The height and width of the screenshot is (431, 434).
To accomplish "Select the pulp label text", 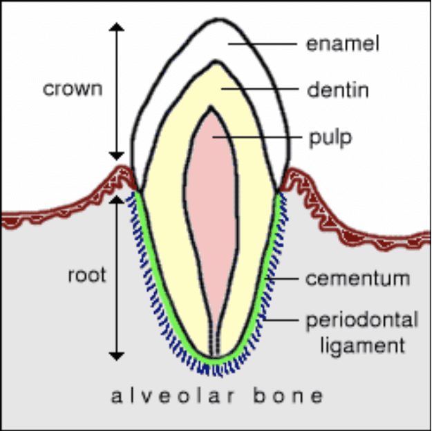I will click(x=330, y=137).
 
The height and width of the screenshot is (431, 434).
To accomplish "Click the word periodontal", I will click(x=362, y=321).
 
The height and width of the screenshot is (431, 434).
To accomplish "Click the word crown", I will click(x=73, y=89).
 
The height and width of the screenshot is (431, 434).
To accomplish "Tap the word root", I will click(x=87, y=275).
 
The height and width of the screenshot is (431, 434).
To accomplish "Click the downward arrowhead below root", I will click(x=117, y=355).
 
